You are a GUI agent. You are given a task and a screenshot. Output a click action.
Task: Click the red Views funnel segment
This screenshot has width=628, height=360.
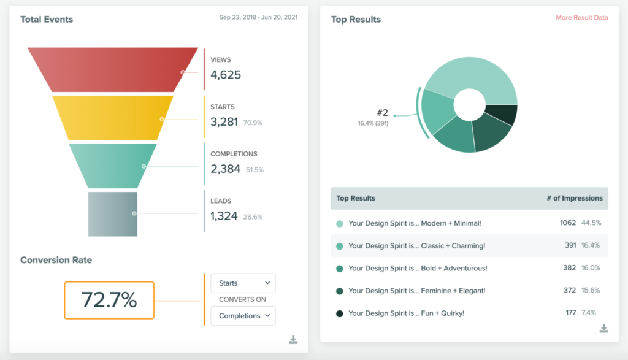(x=113, y=70)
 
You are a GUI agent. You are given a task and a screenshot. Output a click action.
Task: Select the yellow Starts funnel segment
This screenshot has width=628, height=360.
(x=113, y=118)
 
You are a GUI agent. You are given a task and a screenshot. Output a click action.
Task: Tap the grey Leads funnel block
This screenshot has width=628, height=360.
(x=113, y=214)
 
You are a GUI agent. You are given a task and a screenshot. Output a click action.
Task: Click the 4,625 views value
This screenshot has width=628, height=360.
(x=226, y=75)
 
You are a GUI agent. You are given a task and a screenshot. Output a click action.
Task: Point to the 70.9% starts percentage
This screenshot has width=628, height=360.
(x=253, y=123)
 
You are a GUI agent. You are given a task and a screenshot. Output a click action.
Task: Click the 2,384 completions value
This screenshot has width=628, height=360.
(x=225, y=169)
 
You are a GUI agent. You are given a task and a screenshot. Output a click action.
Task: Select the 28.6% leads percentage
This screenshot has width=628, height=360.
(x=253, y=217)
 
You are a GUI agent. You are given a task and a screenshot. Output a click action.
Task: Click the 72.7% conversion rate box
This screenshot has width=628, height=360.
(x=109, y=301)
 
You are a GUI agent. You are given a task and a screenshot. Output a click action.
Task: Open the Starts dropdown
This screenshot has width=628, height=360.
(x=243, y=283)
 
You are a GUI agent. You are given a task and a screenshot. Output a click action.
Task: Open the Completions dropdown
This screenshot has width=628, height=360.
(x=243, y=316)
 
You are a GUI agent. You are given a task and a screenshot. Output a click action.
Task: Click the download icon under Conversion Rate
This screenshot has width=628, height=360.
(x=293, y=340)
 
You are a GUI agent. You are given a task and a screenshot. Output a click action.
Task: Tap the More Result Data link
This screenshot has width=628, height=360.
(x=582, y=18)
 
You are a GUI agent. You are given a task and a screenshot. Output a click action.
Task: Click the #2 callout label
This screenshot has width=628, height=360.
(x=383, y=112)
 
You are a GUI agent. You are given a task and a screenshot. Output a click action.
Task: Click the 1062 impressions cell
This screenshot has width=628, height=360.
(x=568, y=223)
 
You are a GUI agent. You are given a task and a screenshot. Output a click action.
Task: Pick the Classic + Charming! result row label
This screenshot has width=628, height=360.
(x=416, y=246)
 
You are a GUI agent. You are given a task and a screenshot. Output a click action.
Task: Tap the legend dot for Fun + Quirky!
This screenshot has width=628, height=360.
(x=340, y=313)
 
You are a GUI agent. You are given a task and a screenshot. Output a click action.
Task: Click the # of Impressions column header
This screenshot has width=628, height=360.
(x=575, y=198)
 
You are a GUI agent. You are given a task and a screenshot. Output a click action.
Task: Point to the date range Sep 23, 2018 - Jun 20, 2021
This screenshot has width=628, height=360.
(x=258, y=17)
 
